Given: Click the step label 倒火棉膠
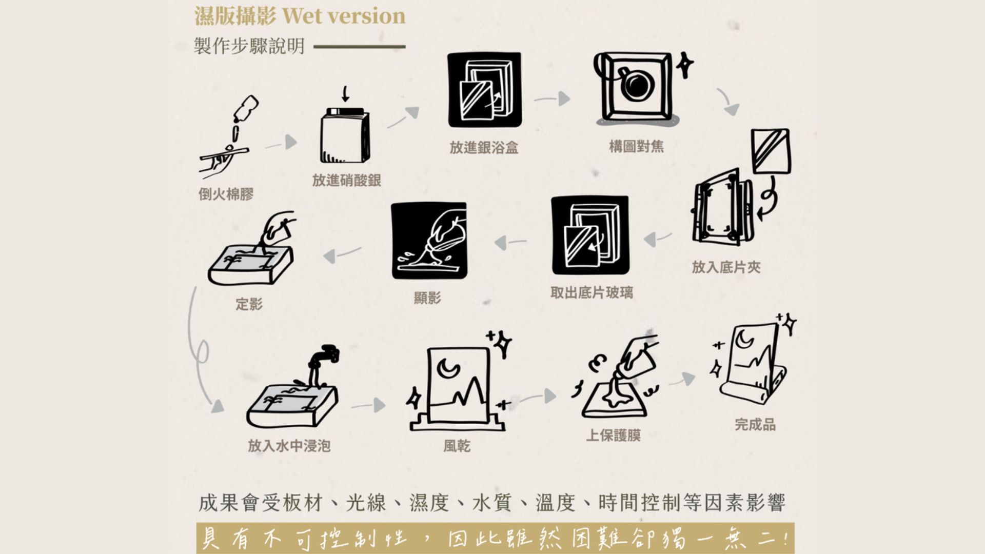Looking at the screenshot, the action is tap(226, 194).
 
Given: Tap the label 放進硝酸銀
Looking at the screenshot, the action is tap(346, 181).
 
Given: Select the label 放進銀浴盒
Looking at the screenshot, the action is tap(484, 148).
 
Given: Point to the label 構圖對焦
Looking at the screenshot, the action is tap(636, 147).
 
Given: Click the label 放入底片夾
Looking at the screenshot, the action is tap(726, 267).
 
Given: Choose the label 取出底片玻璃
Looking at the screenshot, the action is tap(592, 293).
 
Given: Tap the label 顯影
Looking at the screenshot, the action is tap(427, 298).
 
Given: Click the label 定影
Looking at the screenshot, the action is tap(249, 304).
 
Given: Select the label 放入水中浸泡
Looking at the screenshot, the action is tap(289, 446).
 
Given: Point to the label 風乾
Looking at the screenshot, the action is tap(457, 446).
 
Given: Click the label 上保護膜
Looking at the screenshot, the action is tap(614, 436).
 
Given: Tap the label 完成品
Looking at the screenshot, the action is tap(755, 425).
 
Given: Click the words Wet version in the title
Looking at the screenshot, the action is tap(344, 16).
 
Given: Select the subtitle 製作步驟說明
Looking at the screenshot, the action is tap(249, 46).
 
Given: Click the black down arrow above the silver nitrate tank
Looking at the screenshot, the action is tap(345, 94).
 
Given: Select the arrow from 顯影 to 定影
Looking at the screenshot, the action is tap(343, 254).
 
